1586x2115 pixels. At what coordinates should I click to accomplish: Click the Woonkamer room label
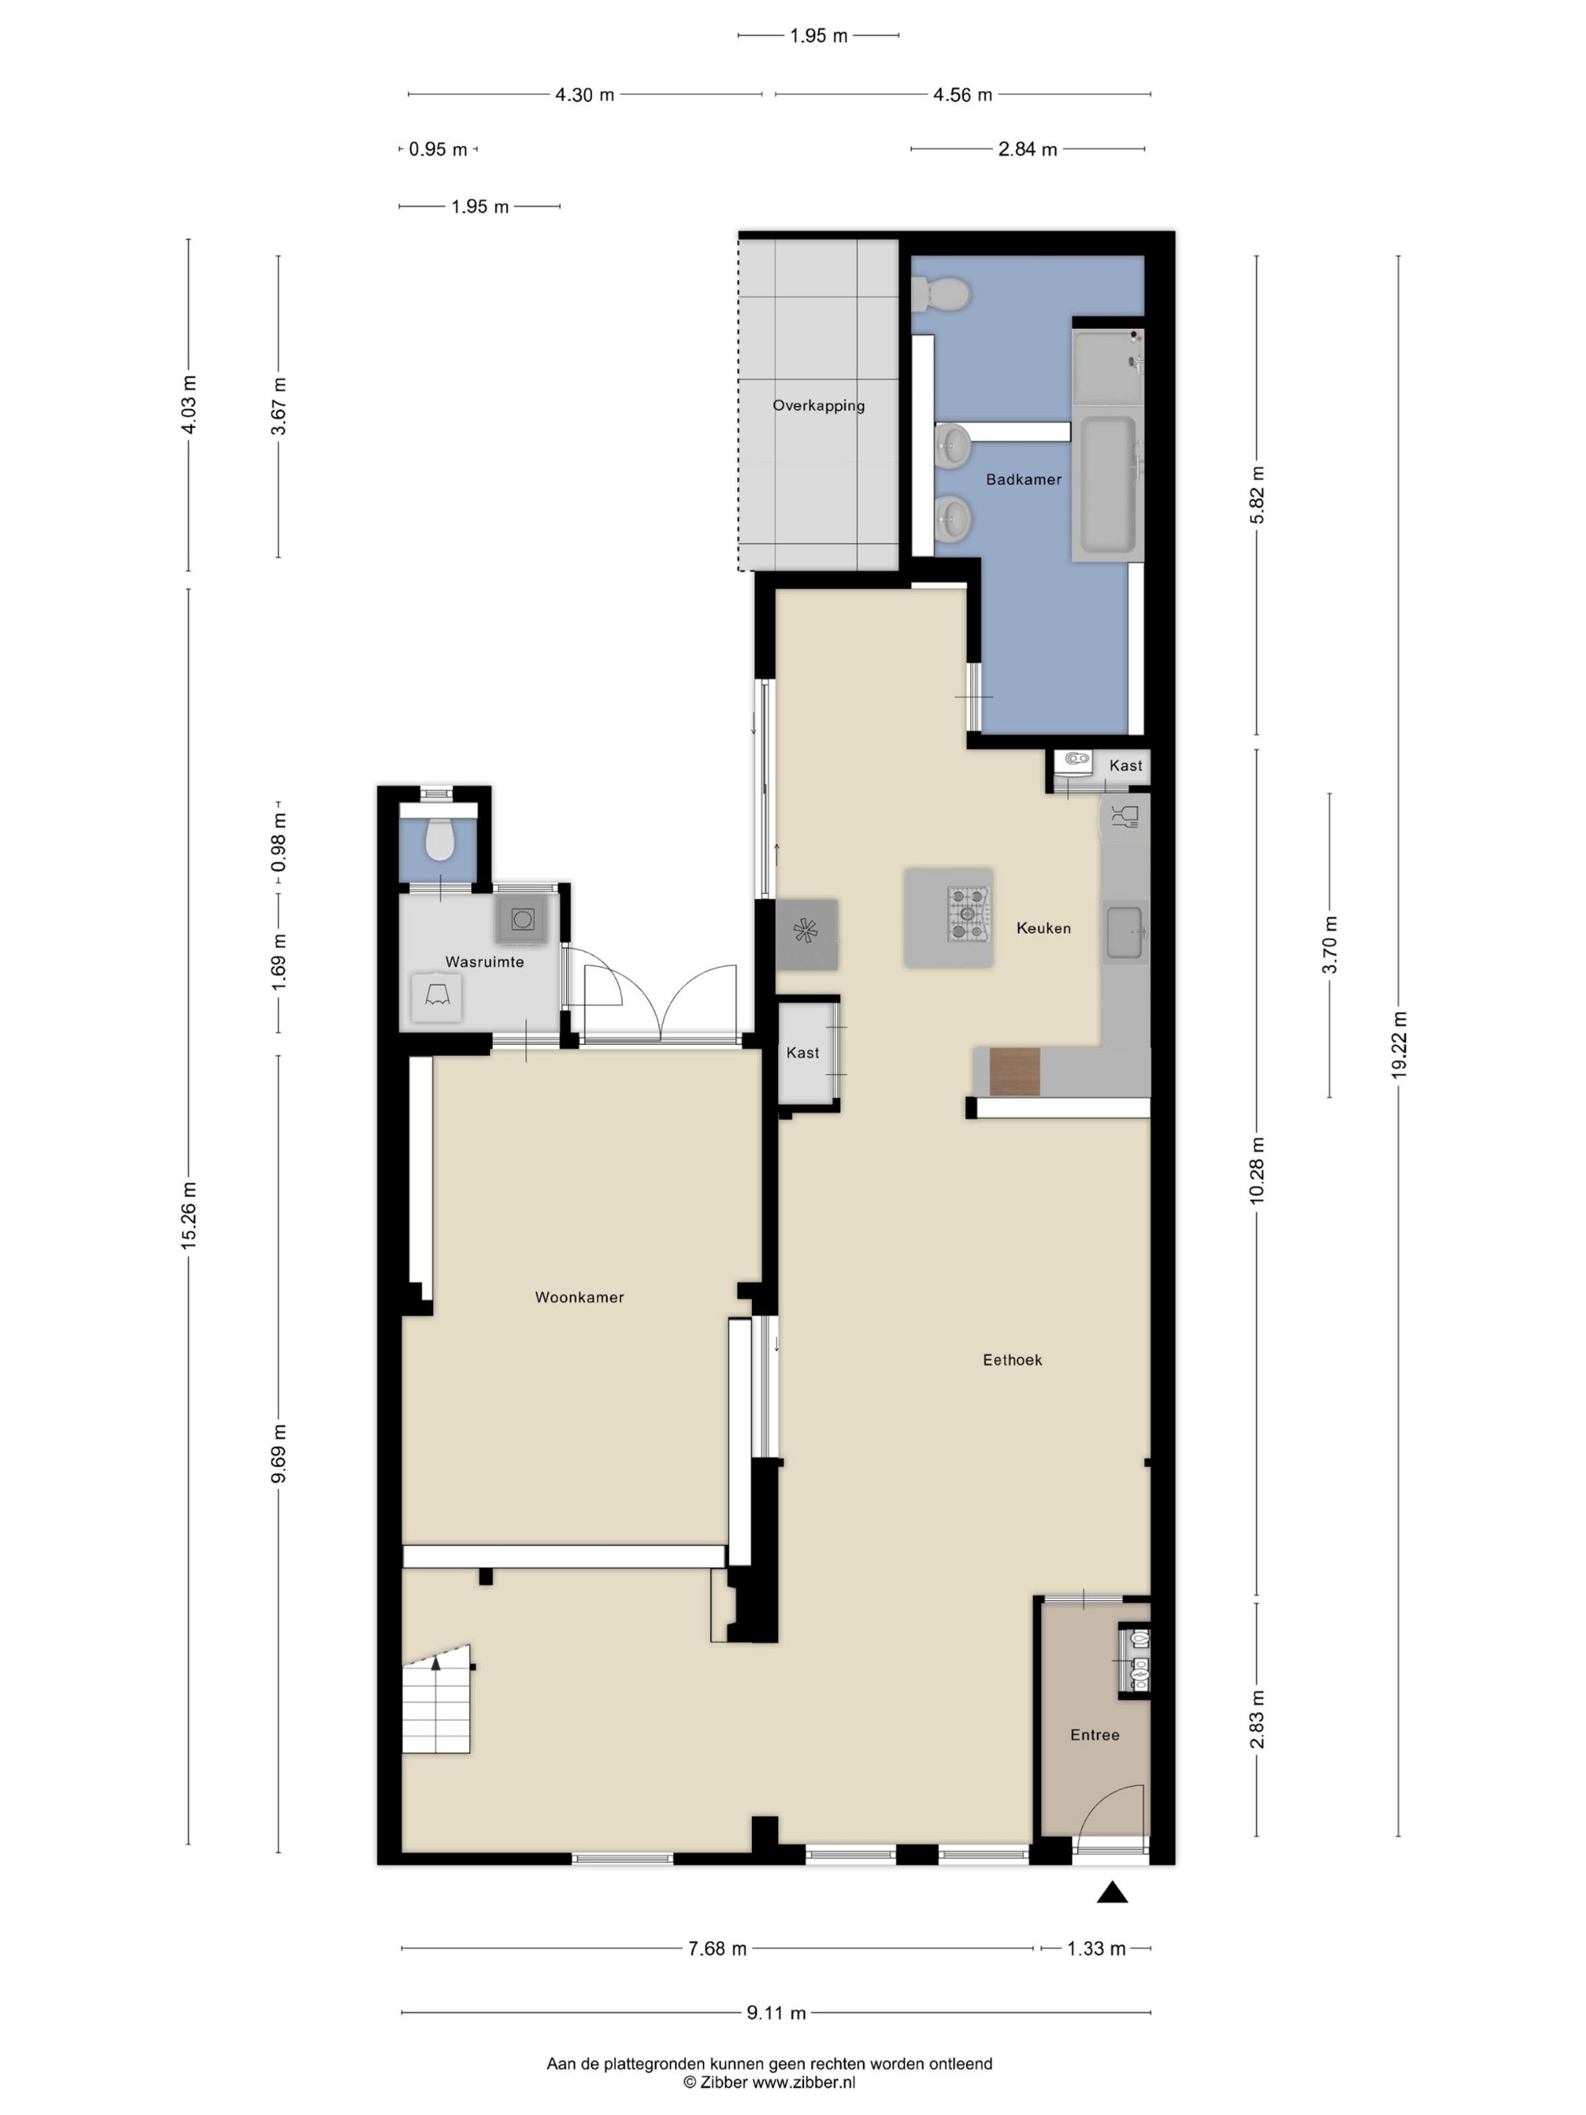[579, 1298]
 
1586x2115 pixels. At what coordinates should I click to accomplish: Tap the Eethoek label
[1013, 1359]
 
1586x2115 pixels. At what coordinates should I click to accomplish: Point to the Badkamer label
[1024, 480]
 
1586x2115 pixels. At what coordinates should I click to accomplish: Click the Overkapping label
[819, 405]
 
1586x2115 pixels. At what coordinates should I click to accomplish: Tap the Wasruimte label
[485, 962]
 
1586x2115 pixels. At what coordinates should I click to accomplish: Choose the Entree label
[1095, 1735]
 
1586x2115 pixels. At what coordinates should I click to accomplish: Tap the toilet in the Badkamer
[941, 294]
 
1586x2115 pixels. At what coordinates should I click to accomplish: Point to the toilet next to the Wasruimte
[440, 839]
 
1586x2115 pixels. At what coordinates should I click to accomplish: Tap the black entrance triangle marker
[1112, 1892]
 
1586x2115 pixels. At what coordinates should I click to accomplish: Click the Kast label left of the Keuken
[802, 1052]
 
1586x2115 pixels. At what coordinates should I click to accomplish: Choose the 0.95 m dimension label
[438, 149]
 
